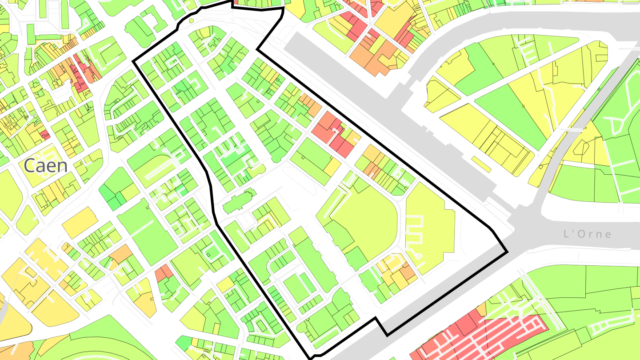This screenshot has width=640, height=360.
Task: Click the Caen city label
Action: click(46, 166)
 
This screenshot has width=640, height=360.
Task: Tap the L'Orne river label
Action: click(587, 234)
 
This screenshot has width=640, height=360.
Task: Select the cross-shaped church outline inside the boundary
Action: click(239, 202)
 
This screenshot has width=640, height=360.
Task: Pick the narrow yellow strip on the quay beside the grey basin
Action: click(480, 163)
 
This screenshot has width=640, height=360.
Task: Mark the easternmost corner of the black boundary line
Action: click(507, 253)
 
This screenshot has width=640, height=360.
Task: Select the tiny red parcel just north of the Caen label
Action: click(45, 134)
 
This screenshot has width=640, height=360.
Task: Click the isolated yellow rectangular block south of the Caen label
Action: click(80, 222)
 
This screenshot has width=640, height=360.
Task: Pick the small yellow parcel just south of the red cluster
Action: click(332, 167)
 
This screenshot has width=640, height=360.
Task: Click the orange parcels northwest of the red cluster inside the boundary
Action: click(310, 104)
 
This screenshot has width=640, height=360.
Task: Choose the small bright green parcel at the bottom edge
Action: click(184, 343)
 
